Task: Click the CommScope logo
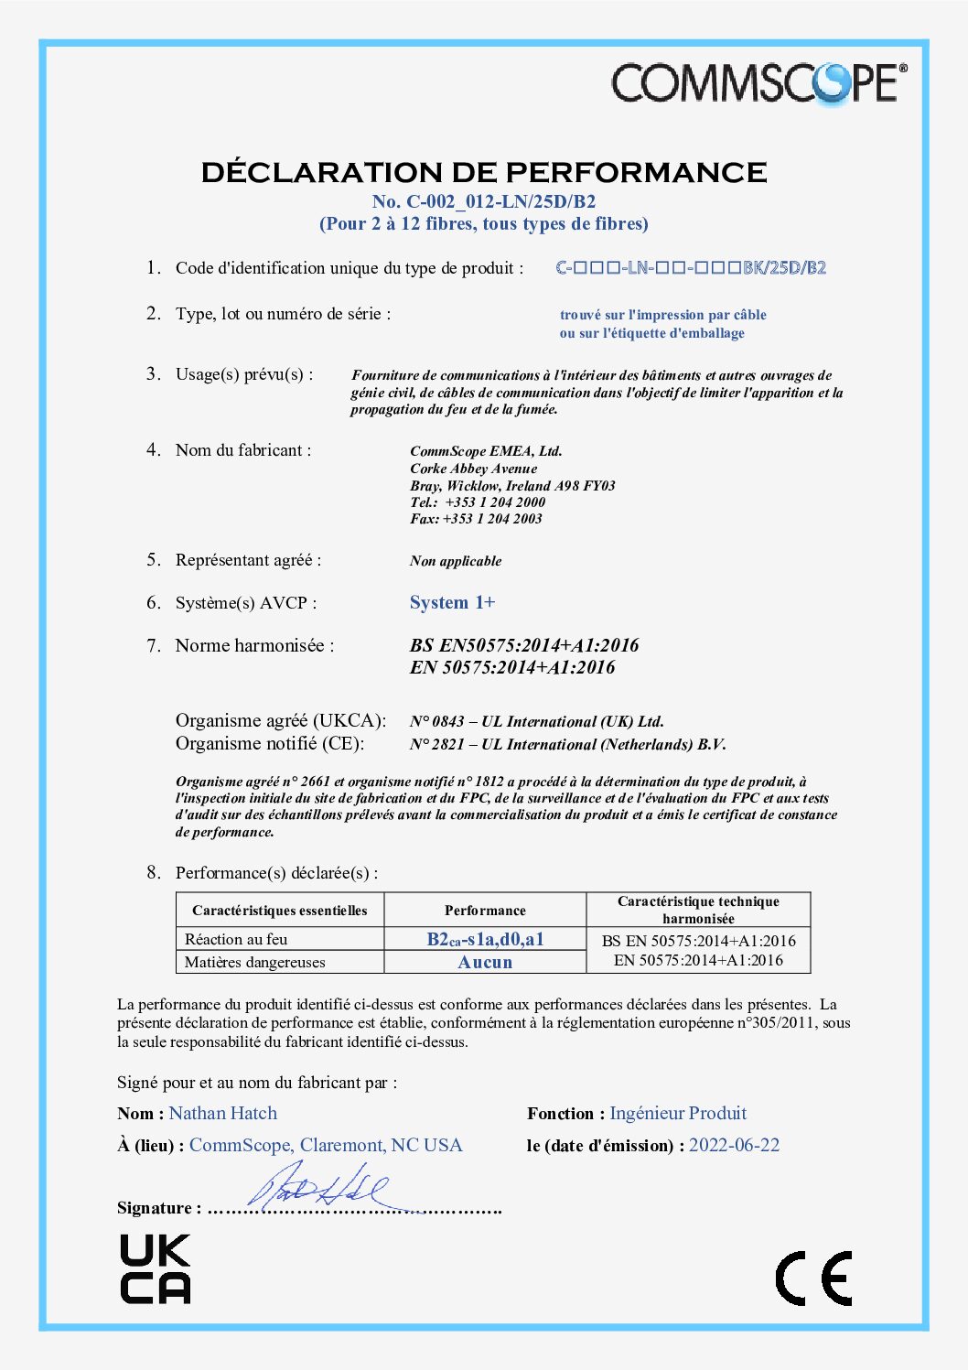pyautogui.click(x=758, y=83)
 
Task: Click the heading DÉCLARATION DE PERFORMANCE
pyautogui.click(x=484, y=172)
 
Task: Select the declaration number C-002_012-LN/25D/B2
pyautogui.click(x=483, y=201)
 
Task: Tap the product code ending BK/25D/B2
pyautogui.click(x=691, y=268)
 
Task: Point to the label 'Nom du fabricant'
pyautogui.click(x=243, y=450)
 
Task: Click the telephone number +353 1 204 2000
pyautogui.click(x=495, y=502)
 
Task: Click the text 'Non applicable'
pyautogui.click(x=456, y=561)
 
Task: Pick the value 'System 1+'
pyautogui.click(x=452, y=602)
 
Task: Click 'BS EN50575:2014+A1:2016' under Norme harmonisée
pyautogui.click(x=524, y=645)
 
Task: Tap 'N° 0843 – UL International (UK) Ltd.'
pyautogui.click(x=537, y=721)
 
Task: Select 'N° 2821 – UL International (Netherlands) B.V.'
pyautogui.click(x=567, y=744)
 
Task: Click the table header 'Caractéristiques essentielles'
pyautogui.click(x=279, y=911)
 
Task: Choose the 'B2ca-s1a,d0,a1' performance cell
pyautogui.click(x=485, y=939)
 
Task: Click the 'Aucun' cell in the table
pyautogui.click(x=485, y=962)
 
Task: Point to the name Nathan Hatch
pyautogui.click(x=223, y=1113)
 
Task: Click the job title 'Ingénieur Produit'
pyautogui.click(x=678, y=1113)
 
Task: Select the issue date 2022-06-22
pyautogui.click(x=734, y=1145)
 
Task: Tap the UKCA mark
pyautogui.click(x=155, y=1268)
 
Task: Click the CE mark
pyautogui.click(x=813, y=1278)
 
